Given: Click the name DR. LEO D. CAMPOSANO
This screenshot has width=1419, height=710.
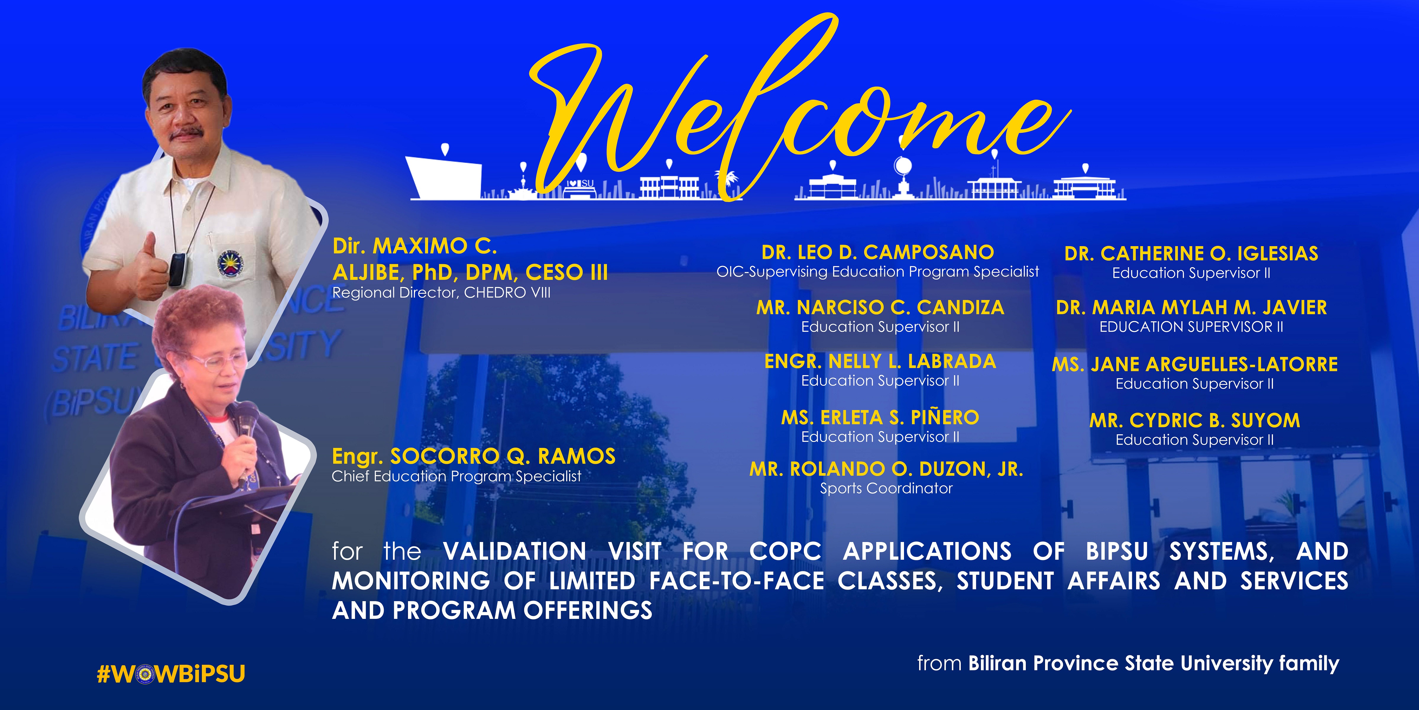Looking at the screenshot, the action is [877, 252].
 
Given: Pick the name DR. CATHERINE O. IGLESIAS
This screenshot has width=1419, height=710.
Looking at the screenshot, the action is [1191, 254].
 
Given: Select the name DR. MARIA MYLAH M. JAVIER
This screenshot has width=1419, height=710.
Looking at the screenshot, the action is [1191, 308].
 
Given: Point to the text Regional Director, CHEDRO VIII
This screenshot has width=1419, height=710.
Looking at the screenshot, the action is [441, 293].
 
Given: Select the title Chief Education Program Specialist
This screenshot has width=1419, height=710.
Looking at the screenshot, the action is [456, 476].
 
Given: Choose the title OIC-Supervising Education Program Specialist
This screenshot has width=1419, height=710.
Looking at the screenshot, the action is [877, 272].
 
